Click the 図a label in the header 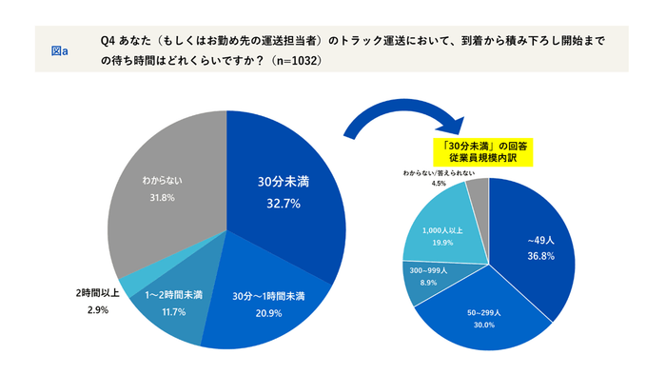[x=58, y=50]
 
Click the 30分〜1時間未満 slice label [x=268, y=296]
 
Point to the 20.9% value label [x=268, y=312]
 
